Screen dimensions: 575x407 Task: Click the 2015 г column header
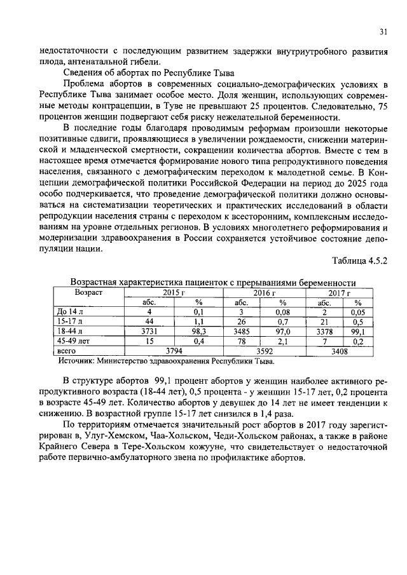174,293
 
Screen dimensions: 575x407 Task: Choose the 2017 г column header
338,293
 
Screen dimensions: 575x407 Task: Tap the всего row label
67,350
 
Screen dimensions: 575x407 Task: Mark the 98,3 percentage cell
198,331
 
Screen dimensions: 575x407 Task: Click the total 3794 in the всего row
174,350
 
